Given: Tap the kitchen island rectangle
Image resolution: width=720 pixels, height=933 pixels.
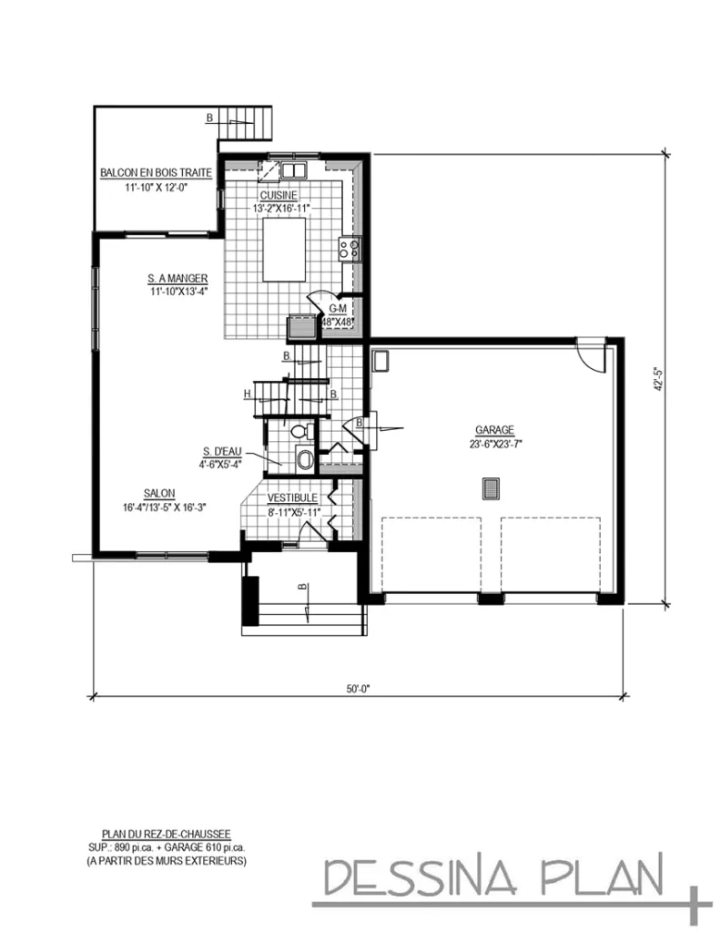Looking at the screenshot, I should point(284,251).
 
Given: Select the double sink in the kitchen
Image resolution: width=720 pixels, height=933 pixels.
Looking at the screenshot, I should point(293,170).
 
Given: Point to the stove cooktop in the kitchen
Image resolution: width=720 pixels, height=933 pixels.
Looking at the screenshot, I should point(350,249).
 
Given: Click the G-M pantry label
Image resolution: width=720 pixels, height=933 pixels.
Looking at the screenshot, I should point(338,309).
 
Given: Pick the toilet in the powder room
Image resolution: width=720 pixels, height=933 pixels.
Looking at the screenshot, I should point(301,431).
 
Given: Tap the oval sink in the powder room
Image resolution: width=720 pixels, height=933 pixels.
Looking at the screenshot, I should point(305,460).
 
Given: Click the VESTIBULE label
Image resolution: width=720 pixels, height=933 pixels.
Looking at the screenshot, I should point(292,498).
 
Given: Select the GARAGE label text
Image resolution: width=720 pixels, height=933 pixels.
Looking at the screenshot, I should point(494,430).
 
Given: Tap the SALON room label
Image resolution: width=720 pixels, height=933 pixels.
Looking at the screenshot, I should point(158,493).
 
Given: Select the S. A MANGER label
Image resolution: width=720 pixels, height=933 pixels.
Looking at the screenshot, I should point(178,278).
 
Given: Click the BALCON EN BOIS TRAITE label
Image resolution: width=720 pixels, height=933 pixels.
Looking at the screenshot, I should point(156,172).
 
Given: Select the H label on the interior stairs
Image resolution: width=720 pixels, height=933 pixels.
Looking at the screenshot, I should point(247,394).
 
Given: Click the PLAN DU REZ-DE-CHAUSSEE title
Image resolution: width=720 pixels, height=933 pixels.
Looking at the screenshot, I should point(166,834).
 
